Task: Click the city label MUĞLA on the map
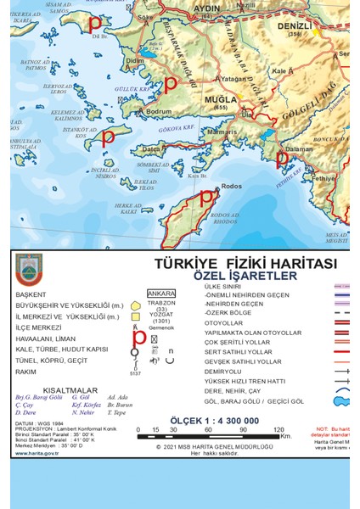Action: coord(220,99)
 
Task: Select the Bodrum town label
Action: coord(159,111)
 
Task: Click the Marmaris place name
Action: coord(222,132)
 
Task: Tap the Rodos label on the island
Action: coord(231,186)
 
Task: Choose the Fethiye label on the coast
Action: coord(324,178)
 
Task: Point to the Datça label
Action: coord(153,149)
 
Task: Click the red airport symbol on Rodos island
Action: coord(206,197)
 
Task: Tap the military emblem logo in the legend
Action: coord(29,270)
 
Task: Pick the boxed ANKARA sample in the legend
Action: coord(161,294)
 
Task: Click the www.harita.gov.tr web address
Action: coord(37,453)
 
